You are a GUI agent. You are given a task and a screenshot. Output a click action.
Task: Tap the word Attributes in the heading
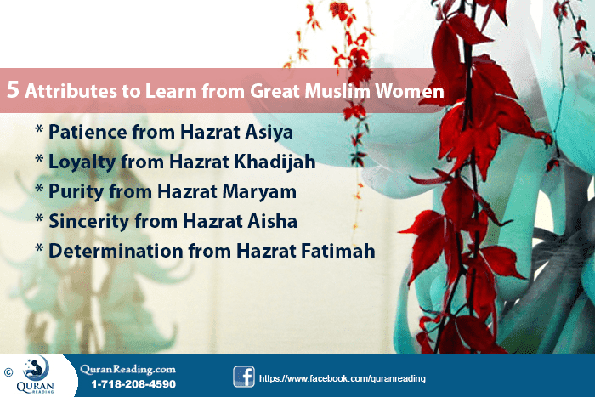pos(69,92)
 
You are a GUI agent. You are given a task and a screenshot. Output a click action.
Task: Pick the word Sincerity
pos(88,222)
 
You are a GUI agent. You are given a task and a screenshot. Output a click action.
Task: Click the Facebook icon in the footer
pos(244,377)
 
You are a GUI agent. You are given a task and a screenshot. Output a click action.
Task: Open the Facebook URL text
pos(342,377)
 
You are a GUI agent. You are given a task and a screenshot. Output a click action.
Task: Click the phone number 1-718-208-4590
pos(133,384)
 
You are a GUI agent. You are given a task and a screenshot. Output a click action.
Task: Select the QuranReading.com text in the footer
pos(127,369)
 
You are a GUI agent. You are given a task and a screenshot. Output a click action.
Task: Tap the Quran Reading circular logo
pos(37,369)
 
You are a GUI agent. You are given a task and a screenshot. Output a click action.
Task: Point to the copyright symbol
pos(8,371)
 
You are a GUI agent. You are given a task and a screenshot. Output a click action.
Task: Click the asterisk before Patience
pos(39,133)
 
